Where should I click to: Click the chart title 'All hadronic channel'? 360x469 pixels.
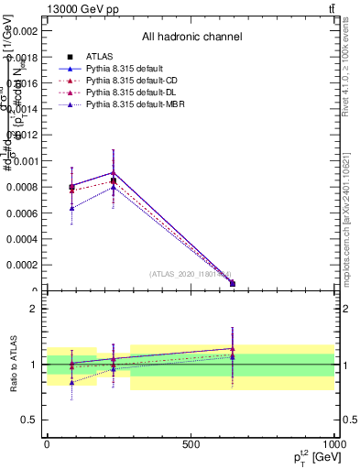pos(191,38)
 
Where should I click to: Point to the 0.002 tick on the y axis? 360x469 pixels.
pos(22,30)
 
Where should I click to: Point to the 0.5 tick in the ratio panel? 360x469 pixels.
pos(28,420)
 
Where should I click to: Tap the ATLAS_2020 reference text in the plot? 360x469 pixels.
pos(191,273)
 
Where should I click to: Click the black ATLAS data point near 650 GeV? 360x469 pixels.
pos(233,283)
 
